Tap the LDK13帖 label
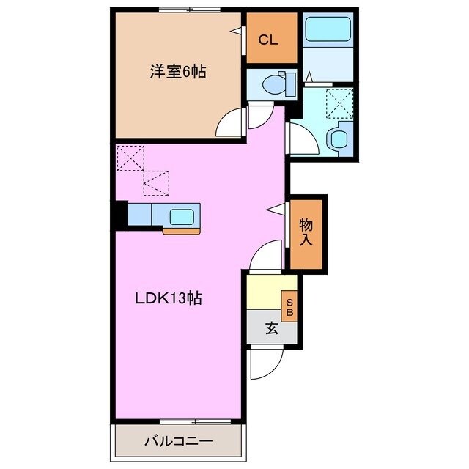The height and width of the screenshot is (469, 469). point(168,298)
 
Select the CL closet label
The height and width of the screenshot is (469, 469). point(269,40)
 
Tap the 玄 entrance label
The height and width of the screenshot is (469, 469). point(271,329)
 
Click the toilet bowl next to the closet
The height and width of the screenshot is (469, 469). point(277,85)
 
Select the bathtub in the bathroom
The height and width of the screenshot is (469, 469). point(329,32)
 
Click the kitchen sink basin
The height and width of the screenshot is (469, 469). point(182,216)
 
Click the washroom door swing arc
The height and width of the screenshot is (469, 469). point(302,138)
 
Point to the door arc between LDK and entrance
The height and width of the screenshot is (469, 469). point(265,256)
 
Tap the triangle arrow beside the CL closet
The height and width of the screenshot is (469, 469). point(237,31)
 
